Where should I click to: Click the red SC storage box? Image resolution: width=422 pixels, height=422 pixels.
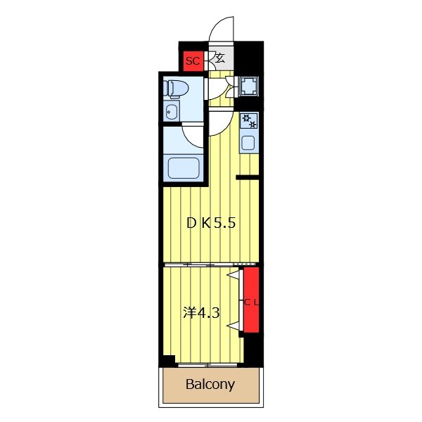193,61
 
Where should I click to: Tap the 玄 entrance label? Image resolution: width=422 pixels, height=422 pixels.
220,58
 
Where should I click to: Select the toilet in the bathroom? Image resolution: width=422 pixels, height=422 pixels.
175,89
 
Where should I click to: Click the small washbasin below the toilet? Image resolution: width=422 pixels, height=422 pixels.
172,111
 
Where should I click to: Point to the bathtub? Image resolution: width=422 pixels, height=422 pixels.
184,168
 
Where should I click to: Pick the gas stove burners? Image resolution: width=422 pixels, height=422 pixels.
249,120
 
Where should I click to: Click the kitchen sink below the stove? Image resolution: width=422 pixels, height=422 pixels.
248,143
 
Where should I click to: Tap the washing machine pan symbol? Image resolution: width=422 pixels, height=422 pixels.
249,87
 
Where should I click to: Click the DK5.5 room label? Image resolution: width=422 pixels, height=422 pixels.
211,223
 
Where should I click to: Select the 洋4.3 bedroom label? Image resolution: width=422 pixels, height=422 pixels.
202,313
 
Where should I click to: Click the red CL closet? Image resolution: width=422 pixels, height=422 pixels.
251,300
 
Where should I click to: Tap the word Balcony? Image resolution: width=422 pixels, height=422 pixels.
210,384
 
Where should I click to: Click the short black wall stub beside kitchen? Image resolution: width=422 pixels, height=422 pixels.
248,177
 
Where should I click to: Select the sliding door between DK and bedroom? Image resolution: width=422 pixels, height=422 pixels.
210,264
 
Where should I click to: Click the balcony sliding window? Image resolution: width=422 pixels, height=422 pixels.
207,365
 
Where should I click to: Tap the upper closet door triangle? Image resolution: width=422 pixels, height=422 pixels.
234,274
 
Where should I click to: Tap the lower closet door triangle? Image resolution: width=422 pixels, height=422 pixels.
234,326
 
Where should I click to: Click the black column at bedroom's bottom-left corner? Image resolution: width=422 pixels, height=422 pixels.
167,362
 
